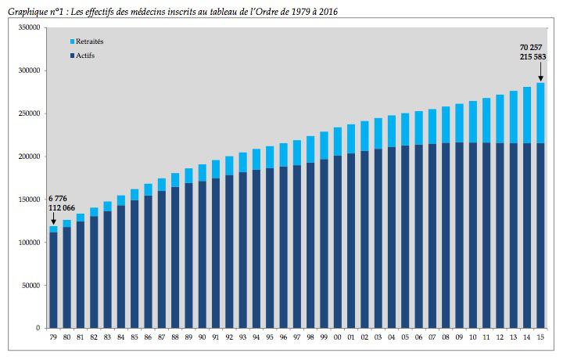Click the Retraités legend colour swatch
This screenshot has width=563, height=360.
pos(72,41)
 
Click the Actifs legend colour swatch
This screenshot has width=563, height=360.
pos(72,56)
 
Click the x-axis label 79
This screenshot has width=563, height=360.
pos(54,337)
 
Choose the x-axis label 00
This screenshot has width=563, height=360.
pos(337,337)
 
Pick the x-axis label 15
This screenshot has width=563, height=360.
pos(540,337)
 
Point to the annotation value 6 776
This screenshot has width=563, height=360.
pos(59,199)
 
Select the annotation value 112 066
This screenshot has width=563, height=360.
pos(63,208)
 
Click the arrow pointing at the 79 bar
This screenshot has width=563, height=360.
pos(53,218)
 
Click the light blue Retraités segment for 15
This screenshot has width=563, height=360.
pos(540,113)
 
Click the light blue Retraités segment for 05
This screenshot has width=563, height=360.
pos(404,130)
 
